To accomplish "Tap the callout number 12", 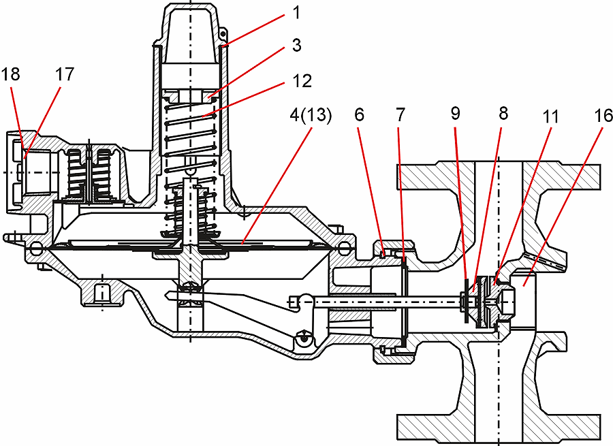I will (x=300, y=81).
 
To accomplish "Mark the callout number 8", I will (x=503, y=114).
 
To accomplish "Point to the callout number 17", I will (x=65, y=74).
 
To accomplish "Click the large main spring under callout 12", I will (x=191, y=136).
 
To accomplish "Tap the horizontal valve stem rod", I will (x=381, y=300).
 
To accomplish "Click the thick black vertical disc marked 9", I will (x=465, y=300).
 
